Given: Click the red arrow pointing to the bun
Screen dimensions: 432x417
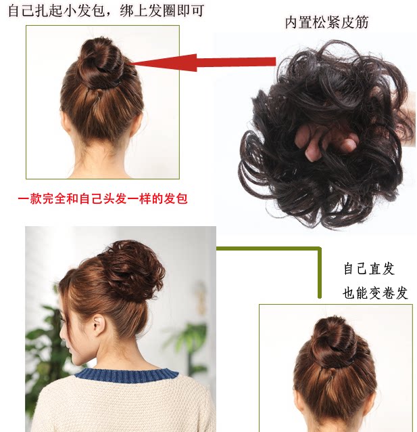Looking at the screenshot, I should tap(203, 63).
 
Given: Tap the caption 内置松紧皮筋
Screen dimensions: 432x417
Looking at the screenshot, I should tap(326, 22).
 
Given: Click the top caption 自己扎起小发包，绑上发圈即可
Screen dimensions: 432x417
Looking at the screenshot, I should tap(105, 11).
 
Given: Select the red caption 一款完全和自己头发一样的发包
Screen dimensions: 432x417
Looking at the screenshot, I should tap(101, 199).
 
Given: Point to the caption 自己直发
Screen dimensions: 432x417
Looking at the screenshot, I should tap(368, 269).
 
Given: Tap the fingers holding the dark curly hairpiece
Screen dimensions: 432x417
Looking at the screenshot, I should tap(329, 141).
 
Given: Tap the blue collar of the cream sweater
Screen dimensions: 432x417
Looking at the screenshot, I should tap(125, 374).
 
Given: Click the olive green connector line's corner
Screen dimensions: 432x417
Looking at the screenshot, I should tap(318, 249).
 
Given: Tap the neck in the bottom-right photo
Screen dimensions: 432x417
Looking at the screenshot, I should tap(335, 413).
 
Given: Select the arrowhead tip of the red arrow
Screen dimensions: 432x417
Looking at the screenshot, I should tap(128, 64).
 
